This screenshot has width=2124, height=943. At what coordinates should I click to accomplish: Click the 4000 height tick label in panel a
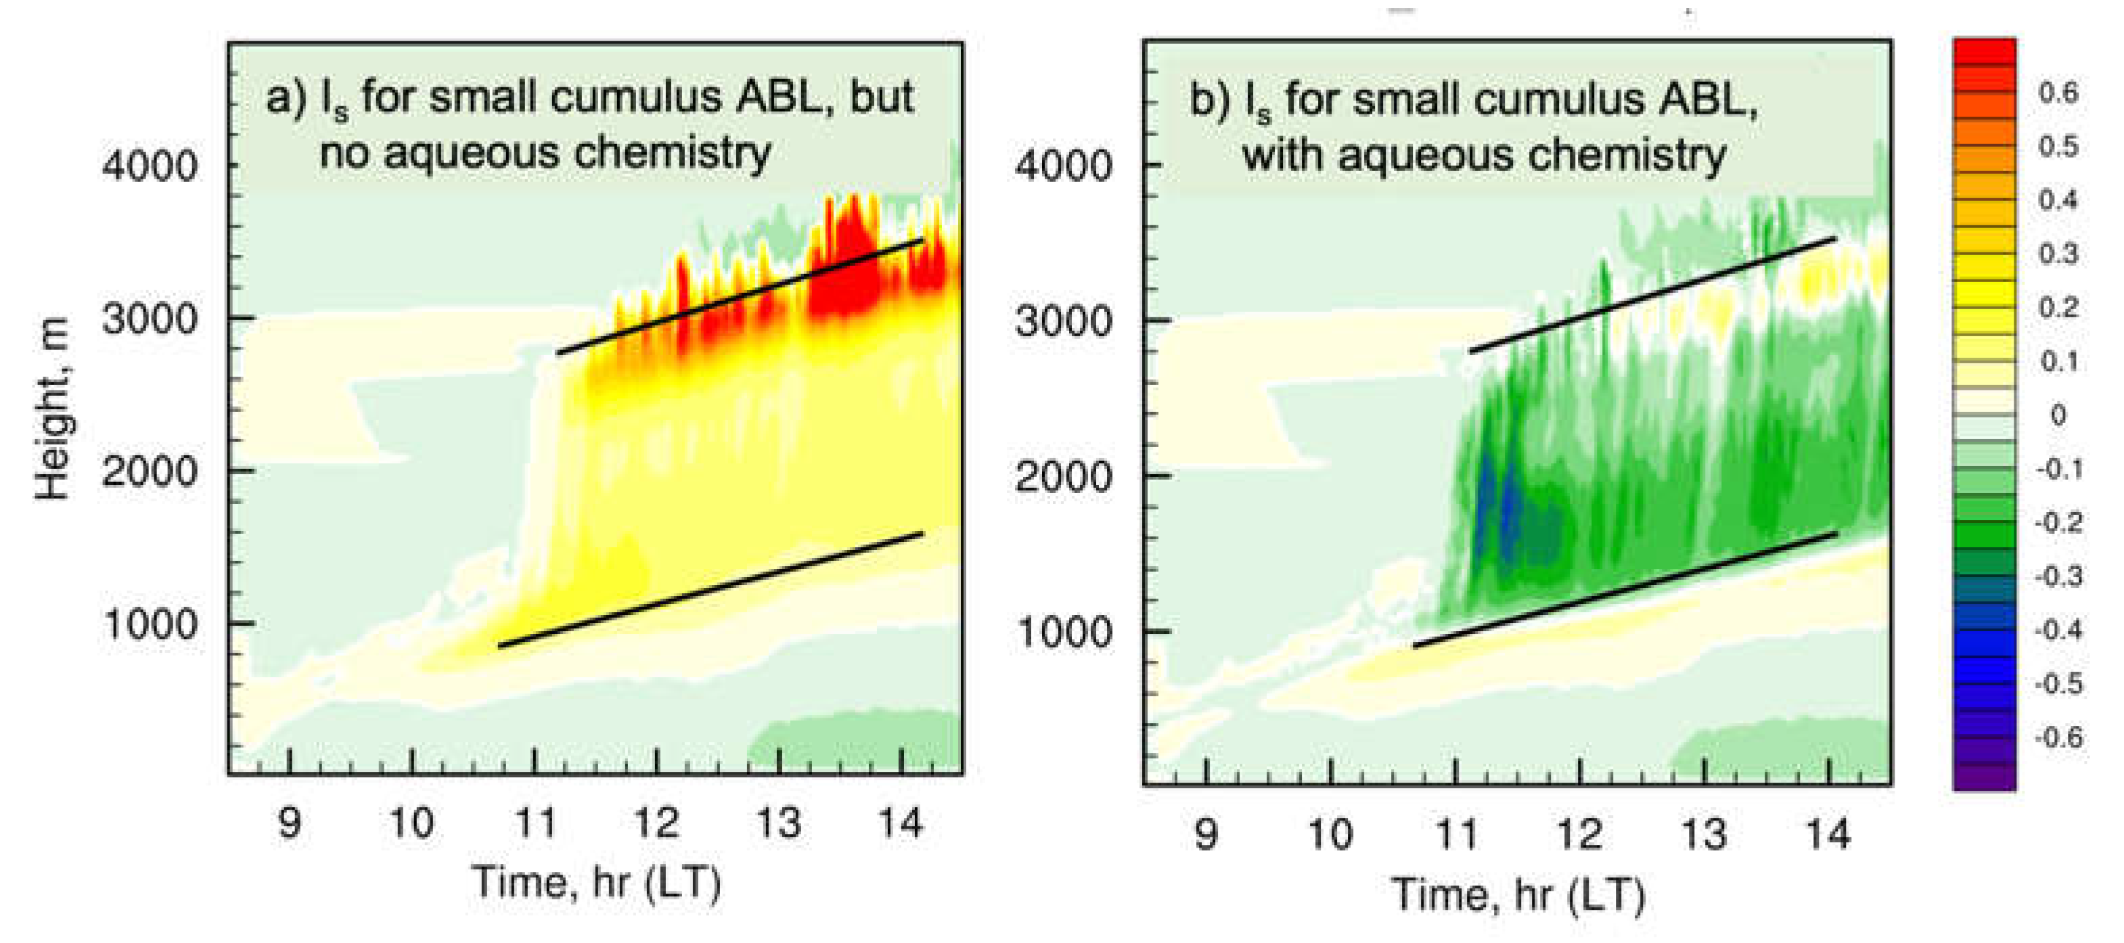point(150,166)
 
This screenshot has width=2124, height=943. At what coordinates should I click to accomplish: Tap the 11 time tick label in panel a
point(536,823)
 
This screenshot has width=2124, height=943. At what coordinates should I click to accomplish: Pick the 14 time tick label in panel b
point(1829,834)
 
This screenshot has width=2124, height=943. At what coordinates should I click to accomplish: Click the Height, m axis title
point(51,410)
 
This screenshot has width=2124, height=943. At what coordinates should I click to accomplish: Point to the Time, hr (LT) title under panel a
point(596,883)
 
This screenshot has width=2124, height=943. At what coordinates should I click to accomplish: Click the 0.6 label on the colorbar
point(2059,92)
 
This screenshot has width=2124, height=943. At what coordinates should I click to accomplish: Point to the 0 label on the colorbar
point(2059,415)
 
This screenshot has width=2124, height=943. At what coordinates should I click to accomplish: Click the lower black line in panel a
point(709,590)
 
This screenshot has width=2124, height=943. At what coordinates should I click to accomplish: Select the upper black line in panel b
point(1652,295)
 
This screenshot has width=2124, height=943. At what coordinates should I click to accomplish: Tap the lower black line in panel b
point(1625,590)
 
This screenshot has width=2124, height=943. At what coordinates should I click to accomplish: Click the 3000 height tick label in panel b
point(1064,321)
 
